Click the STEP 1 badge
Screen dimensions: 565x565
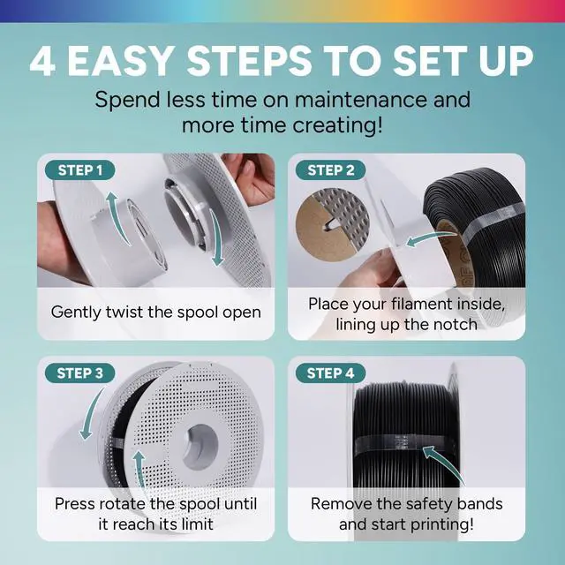80,170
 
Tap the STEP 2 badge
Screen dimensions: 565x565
330,170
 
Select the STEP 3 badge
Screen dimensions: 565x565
80,373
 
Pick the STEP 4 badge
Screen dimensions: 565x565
330,373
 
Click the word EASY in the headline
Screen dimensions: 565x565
120,61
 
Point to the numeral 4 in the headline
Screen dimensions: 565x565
42,61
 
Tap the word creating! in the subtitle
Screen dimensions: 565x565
337,125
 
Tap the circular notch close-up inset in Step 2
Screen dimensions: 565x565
332,224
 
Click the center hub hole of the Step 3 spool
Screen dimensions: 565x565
200,447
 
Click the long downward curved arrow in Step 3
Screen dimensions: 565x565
91,414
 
